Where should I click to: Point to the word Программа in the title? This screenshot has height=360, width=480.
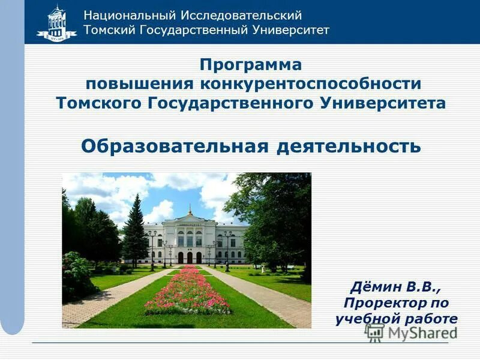[251, 64]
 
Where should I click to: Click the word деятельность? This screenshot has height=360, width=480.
[349, 146]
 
